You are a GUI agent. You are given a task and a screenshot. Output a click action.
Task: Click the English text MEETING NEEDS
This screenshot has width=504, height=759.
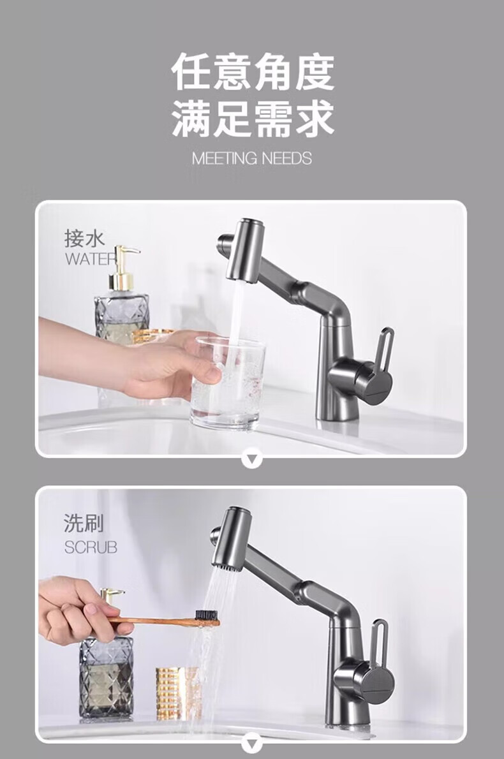[252, 158]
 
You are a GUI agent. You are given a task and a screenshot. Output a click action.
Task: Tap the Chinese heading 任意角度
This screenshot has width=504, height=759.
[252, 73]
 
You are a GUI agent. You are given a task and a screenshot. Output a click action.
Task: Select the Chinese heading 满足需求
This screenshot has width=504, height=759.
[252, 119]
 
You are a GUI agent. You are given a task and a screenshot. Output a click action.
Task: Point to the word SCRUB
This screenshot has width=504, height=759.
[91, 547]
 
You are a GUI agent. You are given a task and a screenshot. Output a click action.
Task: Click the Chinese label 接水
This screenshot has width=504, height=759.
[85, 238]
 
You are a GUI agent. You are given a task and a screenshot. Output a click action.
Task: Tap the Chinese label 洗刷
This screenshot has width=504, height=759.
[84, 523]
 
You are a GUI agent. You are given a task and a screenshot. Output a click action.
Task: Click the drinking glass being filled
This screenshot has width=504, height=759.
[227, 383]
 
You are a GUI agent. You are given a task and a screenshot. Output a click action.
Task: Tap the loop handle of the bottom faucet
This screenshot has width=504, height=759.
[380, 640]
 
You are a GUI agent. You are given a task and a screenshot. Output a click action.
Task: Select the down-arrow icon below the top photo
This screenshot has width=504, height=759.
[252, 459]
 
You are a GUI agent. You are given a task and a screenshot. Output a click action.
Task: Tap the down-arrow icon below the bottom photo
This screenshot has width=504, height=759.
[252, 744]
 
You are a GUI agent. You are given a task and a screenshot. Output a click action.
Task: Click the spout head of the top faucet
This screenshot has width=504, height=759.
[246, 251]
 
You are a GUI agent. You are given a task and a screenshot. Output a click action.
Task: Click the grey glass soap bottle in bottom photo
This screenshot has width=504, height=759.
[106, 676]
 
